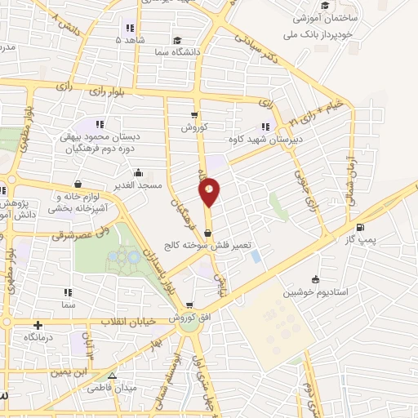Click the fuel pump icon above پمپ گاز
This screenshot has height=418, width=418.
[x=360, y=227]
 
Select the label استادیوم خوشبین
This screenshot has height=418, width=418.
[x=309, y=291]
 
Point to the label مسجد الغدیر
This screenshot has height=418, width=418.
[x=136, y=185]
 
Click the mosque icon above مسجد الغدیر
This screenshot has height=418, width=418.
[x=139, y=173]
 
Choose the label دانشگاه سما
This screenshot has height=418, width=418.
[x=179, y=50]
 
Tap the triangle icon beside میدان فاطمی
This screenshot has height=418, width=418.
[x=113, y=377]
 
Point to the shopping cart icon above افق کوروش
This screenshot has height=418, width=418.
[x=189, y=305]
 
